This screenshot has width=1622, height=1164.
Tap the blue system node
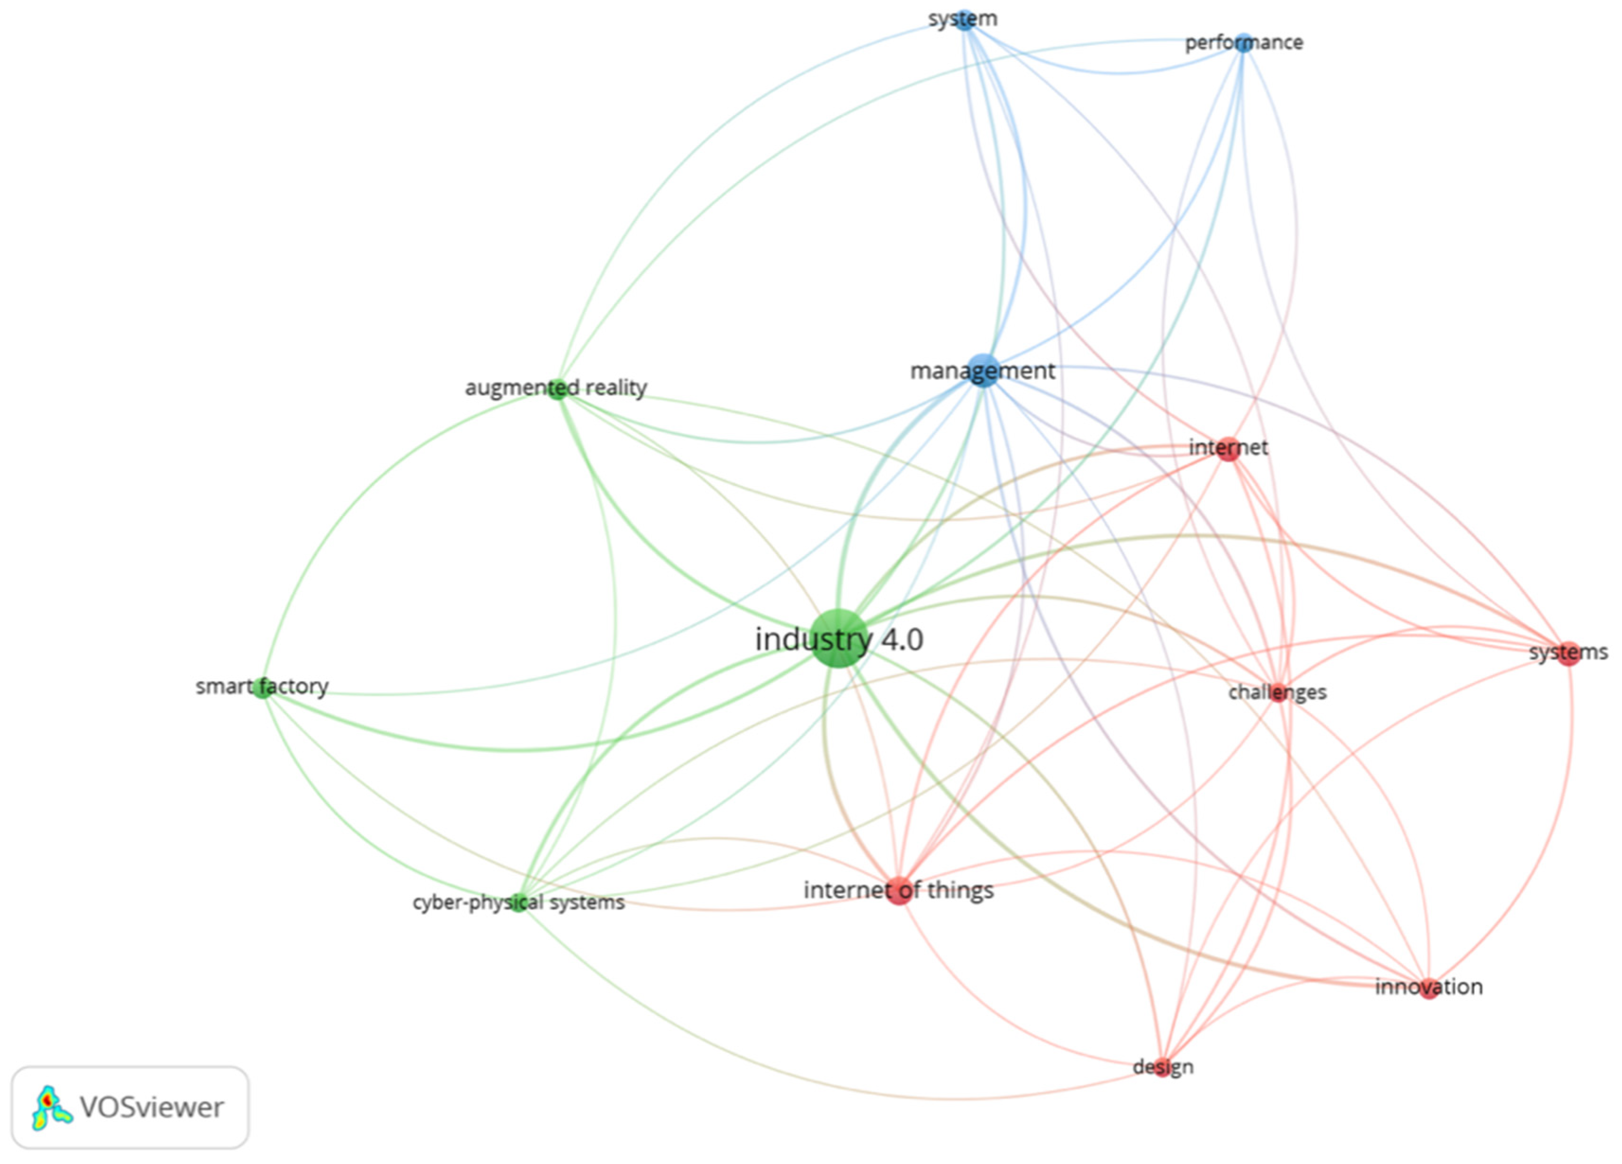pos(965,19)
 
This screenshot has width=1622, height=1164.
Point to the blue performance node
pos(1244,43)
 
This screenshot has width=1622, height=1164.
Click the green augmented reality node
pos(557,388)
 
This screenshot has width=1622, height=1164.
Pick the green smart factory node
pos(264,687)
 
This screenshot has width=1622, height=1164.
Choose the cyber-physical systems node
pos(518,902)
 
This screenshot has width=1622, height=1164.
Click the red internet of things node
pos(899,890)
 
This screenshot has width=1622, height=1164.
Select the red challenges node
pos(1278,692)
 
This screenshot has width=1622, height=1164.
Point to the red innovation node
pos(1429,988)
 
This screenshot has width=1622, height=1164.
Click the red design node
pos(1163,1067)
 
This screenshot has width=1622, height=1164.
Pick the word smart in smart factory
pos(219,687)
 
